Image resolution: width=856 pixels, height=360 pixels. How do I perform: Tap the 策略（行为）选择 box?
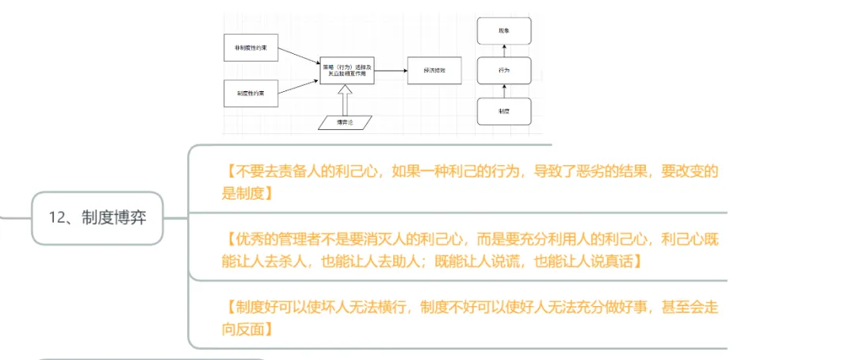[346, 71]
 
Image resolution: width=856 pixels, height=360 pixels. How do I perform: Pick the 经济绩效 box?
[431, 71]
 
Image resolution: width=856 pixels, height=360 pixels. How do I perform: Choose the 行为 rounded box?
[504, 71]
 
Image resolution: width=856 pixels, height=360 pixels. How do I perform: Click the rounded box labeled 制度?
[504, 112]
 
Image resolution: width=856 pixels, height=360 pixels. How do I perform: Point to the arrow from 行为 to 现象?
[504, 50]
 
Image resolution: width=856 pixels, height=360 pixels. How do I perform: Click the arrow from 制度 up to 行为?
[504, 91]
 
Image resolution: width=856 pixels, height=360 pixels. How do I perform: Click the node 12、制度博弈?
[97, 217]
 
